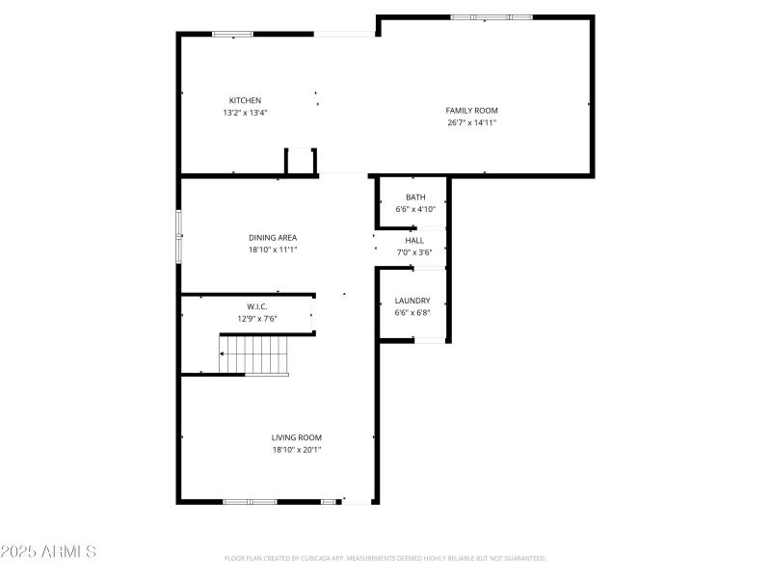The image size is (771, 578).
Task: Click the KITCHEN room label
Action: coord(245,100)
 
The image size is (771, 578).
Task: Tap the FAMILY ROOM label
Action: coord(471,111)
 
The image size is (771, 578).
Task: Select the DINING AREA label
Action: coord(273,237)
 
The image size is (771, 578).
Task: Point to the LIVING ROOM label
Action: coord(296,437)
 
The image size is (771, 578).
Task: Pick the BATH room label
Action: coord(415,197)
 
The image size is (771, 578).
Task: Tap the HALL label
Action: coord(414,241)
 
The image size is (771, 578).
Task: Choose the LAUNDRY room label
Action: coord(412,301)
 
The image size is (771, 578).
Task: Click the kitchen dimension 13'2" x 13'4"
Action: coord(245,113)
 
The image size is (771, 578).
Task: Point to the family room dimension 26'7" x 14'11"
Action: coord(471,122)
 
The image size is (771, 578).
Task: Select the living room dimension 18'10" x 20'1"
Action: coord(296,449)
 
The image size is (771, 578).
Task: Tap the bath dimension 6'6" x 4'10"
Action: coord(415,209)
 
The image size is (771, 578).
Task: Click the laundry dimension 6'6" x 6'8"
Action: coord(412,312)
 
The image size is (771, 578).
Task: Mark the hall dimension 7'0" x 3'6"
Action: coord(414,252)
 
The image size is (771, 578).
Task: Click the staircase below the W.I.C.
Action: coord(254,354)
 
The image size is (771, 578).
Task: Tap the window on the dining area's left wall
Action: coord(178,236)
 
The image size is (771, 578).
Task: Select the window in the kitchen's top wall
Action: coord(232,35)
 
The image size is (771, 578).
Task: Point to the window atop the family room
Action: coord(491,17)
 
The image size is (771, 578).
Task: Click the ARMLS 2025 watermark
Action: coord(48,552)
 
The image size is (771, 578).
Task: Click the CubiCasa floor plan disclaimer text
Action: coord(385,558)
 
